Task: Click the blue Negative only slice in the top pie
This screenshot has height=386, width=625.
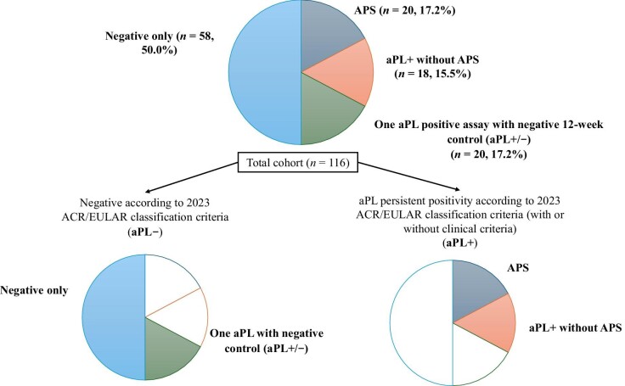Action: (265, 72)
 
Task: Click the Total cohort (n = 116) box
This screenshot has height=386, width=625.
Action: (298, 162)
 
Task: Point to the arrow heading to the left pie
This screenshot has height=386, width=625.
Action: (192, 176)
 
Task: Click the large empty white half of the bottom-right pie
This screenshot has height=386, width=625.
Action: (421, 322)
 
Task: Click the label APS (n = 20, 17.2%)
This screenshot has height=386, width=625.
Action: (404, 10)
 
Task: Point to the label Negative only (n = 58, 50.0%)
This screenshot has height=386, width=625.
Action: (160, 43)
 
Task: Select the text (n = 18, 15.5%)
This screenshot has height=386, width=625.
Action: (433, 74)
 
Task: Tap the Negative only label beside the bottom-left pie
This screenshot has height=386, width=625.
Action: (34, 290)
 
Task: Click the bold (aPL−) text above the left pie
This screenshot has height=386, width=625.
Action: (145, 232)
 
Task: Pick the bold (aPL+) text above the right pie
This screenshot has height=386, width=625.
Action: (459, 243)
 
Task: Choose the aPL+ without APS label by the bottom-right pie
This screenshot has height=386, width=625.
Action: (575, 327)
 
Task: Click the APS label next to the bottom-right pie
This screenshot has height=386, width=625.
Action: (518, 267)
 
